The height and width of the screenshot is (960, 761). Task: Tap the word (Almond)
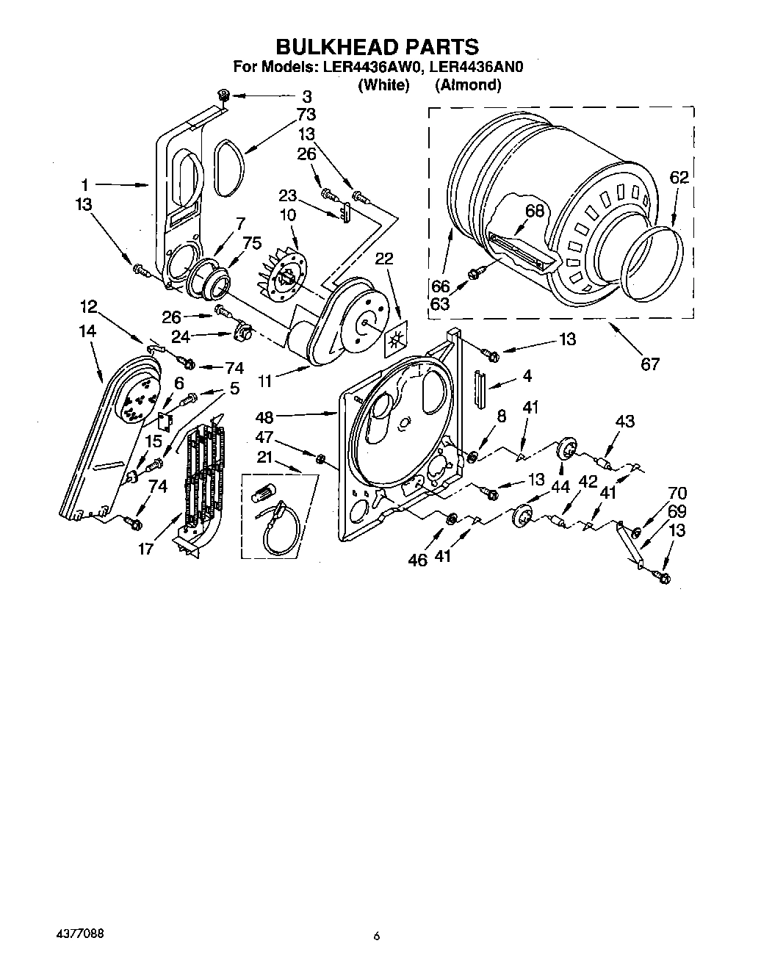click(x=468, y=85)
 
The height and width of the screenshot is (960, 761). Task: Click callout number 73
click(x=306, y=114)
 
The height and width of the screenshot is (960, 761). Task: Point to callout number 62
click(x=679, y=176)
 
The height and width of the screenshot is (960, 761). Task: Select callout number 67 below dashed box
click(x=650, y=363)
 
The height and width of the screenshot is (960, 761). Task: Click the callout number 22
click(x=383, y=259)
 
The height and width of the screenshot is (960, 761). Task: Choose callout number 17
click(x=146, y=548)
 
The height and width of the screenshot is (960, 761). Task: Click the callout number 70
click(x=677, y=494)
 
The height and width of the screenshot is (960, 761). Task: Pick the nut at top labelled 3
click(x=224, y=95)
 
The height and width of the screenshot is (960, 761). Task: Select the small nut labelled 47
click(x=320, y=460)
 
